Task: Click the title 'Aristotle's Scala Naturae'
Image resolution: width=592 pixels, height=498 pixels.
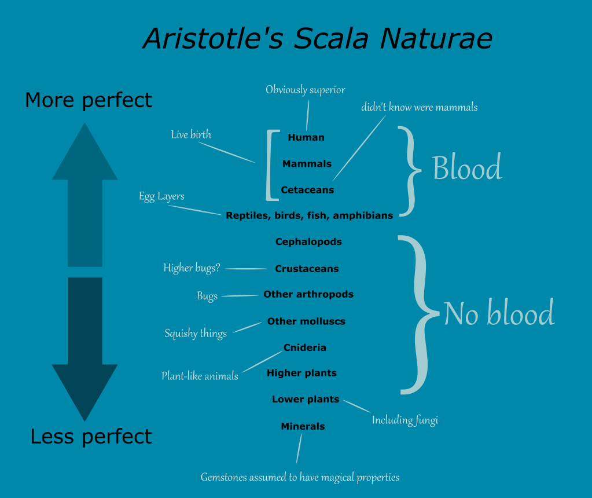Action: click(317, 39)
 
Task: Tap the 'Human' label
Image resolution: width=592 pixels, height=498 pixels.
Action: click(306, 138)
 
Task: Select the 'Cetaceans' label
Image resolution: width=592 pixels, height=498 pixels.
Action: click(307, 190)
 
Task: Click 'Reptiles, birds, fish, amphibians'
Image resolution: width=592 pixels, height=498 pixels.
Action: click(309, 215)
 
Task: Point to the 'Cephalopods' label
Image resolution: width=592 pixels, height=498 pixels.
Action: click(308, 242)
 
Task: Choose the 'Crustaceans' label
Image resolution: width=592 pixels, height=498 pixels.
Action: click(307, 269)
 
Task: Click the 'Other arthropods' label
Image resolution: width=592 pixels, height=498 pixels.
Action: click(308, 294)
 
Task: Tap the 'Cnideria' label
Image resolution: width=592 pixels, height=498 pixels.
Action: click(305, 347)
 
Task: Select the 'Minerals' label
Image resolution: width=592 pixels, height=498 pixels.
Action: click(303, 426)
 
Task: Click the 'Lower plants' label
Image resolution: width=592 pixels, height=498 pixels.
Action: click(306, 400)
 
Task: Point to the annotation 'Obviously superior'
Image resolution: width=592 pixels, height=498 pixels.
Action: click(306, 90)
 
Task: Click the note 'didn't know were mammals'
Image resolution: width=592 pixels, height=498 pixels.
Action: click(420, 107)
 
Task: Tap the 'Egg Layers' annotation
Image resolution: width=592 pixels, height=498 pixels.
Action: click(161, 196)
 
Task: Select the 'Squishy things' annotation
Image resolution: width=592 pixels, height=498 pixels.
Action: click(196, 334)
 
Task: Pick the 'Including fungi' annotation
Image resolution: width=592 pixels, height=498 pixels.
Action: click(405, 420)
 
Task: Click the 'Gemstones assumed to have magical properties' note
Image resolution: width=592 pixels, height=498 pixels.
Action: click(300, 478)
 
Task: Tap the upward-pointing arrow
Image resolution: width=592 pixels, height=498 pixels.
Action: click(84, 191)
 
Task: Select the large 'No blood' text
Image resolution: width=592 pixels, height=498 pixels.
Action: click(499, 314)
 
